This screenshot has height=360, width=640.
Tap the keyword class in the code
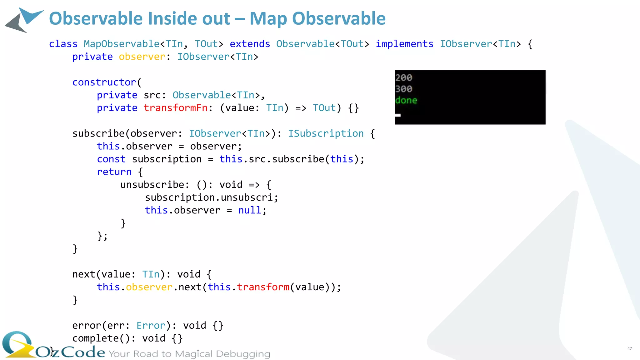point(63,44)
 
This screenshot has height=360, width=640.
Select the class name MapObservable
point(122,44)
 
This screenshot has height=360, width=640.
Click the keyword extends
point(250,44)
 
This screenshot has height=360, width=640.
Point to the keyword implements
point(404,44)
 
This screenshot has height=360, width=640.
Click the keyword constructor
point(104,82)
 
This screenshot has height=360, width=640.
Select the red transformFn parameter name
point(176,108)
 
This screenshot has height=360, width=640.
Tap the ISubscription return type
point(326,134)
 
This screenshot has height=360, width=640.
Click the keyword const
point(111,159)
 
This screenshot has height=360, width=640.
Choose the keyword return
point(114,172)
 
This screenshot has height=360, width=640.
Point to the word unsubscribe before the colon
point(152,185)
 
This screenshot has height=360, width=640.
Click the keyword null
point(250,211)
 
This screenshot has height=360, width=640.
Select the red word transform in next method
point(263,287)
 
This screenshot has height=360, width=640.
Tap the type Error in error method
point(151,326)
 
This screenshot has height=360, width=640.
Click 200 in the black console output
point(404,77)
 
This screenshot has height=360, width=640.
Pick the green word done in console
point(406,100)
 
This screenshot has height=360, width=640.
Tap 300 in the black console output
point(404,89)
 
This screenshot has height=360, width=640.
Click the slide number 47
point(629,348)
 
